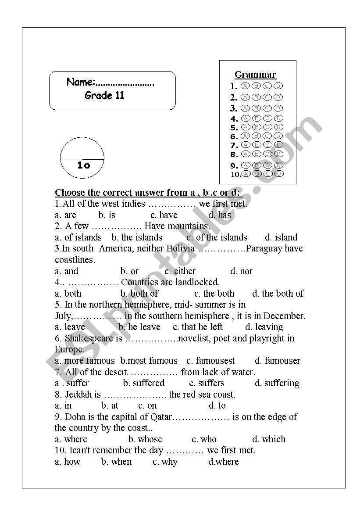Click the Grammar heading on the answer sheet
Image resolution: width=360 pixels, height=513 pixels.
pos(255,75)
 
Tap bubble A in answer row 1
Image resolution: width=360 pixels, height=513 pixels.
pos(246,86)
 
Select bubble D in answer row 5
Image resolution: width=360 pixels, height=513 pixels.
pos(278,127)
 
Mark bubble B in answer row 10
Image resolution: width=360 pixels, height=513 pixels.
pos(257,174)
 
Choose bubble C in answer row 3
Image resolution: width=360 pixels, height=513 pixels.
pos(267,108)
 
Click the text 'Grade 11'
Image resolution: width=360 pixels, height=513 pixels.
pos(104,96)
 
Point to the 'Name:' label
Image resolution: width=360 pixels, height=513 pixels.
pos(81,82)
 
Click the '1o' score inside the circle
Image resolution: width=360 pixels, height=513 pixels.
pos(83,165)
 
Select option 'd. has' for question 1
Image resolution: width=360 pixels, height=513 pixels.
pos(219,215)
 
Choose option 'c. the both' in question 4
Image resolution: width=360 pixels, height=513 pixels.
pos(214,294)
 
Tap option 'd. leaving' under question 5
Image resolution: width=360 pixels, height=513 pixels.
pos(264,327)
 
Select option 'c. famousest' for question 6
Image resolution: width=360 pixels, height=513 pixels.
pos(210,361)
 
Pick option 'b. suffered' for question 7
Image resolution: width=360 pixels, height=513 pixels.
pos(143,383)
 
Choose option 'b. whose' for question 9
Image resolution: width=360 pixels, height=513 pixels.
pos(145,439)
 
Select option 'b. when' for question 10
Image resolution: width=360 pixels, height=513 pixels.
pos(116,462)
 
